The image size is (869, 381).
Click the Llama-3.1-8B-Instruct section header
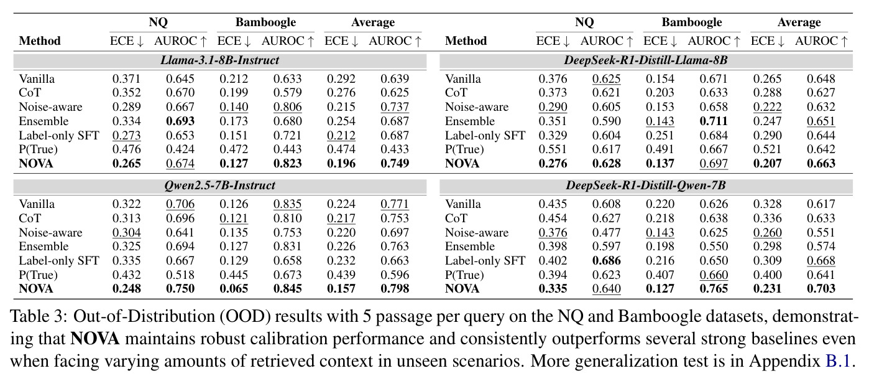click(x=219, y=60)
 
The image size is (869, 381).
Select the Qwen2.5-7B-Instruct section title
click(x=219, y=186)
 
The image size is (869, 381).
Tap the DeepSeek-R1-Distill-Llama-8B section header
click(x=646, y=60)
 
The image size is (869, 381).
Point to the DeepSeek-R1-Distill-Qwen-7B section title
click(x=646, y=186)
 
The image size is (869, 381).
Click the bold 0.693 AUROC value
click(x=180, y=121)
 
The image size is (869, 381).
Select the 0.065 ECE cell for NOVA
click(x=234, y=289)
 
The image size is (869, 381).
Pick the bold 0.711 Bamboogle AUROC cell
click(x=714, y=121)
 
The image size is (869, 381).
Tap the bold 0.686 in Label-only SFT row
click(x=606, y=261)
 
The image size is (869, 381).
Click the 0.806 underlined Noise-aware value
click(x=287, y=107)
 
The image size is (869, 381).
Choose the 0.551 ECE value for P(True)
click(x=553, y=149)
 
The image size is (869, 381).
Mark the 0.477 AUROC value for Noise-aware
click(x=606, y=233)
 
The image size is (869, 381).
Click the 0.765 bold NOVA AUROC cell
click(x=714, y=289)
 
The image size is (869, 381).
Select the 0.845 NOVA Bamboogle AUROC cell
click(x=287, y=289)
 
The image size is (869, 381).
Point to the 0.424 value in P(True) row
click(x=180, y=149)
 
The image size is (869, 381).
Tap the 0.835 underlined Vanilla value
click(x=287, y=204)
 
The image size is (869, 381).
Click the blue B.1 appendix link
click(x=837, y=361)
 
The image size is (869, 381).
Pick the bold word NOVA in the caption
click(x=95, y=339)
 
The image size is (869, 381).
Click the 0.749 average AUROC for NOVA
click(x=395, y=164)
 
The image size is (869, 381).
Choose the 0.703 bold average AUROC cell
click(x=821, y=289)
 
